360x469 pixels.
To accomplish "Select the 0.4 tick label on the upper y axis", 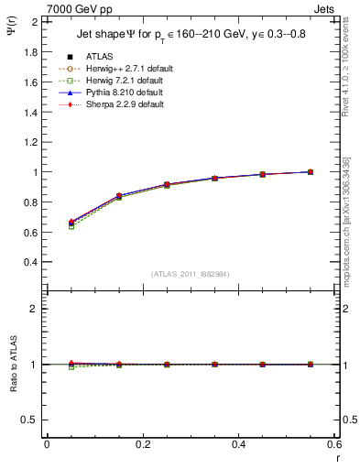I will tap(30, 262).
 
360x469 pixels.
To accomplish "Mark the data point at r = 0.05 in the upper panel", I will tap(71, 223).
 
